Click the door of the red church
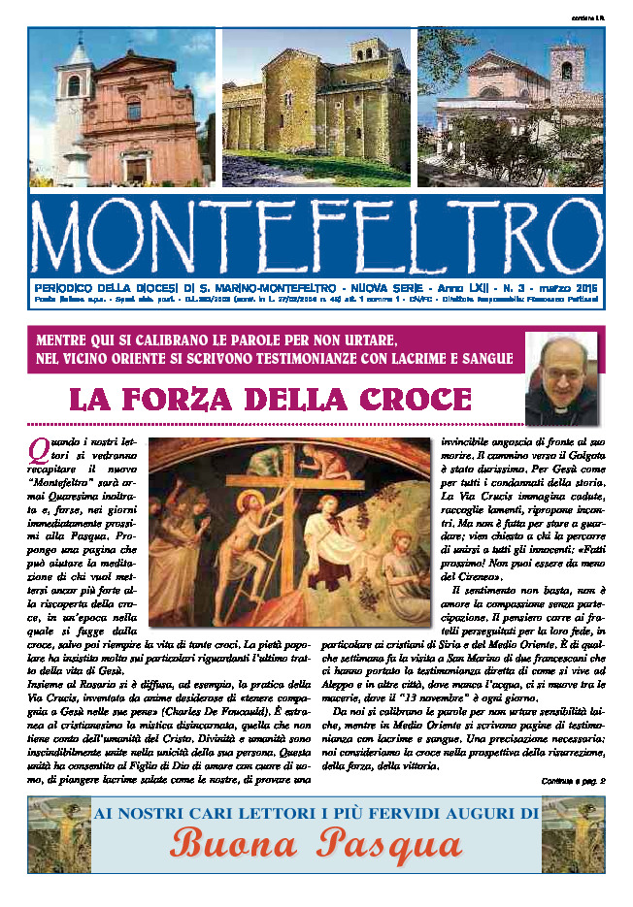coord(136,169)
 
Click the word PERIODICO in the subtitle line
coord(70,288)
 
